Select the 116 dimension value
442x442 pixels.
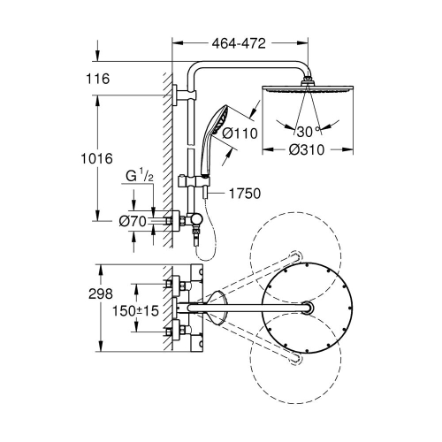click(x=97, y=80)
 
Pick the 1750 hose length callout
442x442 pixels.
click(x=247, y=192)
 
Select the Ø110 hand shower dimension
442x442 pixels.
click(x=240, y=133)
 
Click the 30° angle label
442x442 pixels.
click(x=305, y=131)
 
